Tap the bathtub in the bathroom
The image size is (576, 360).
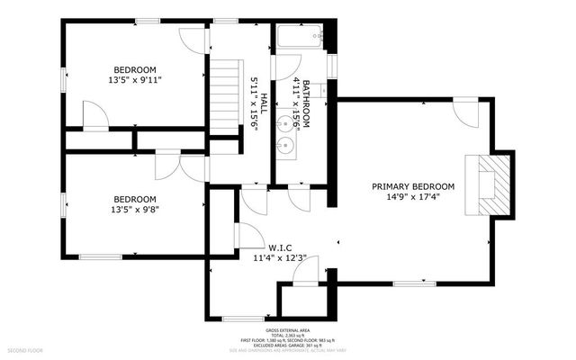coord(298,39)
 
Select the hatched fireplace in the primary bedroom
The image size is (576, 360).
coord(492,184)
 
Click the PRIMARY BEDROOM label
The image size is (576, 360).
coord(413,187)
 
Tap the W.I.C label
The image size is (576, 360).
coord(279,246)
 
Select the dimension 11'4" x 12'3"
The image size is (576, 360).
coord(279,258)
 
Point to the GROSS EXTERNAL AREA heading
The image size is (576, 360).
coord(287,330)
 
